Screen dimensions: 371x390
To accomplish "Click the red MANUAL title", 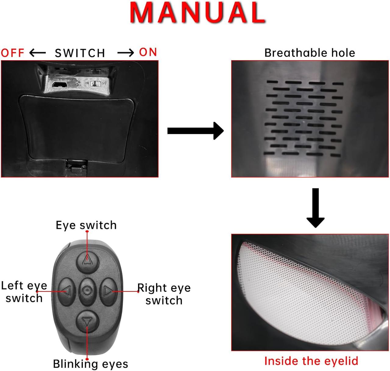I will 198,12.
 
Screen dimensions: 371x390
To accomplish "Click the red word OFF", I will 12,53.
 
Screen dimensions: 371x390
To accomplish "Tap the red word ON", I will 148,52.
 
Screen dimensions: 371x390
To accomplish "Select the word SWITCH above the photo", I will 80,53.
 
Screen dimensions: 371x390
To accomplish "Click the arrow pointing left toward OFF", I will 37,53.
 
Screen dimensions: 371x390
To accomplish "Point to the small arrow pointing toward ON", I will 126,53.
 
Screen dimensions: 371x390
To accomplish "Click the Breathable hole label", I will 310,53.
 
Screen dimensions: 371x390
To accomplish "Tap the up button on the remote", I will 87,260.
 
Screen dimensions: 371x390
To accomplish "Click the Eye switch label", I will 86,225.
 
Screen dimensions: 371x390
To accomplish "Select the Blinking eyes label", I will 90,364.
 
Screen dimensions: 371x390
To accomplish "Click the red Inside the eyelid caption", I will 311,361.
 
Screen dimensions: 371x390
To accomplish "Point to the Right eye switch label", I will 164,294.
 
